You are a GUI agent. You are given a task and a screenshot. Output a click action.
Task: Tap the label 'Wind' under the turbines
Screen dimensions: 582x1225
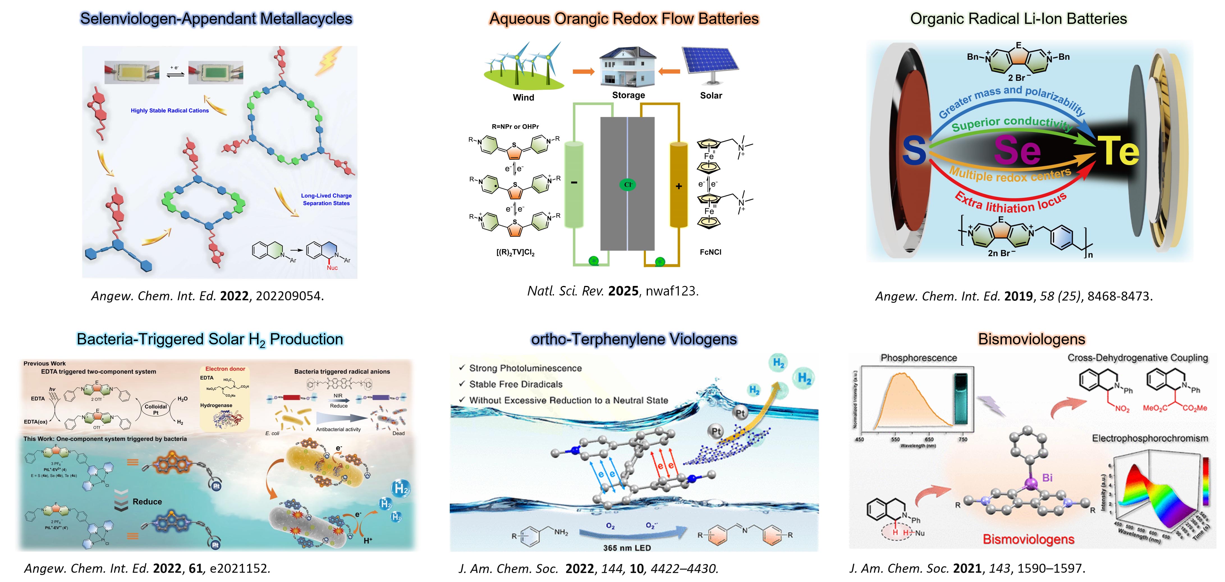coord(523,97)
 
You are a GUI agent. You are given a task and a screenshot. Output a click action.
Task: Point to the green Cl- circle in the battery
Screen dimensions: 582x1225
coord(628,185)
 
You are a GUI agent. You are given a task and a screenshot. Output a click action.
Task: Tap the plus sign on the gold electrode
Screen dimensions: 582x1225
coord(679,186)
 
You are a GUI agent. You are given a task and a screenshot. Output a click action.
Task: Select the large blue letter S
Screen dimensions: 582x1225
coord(914,150)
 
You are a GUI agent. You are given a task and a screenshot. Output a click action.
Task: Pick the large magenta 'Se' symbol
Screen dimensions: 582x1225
coord(1018,150)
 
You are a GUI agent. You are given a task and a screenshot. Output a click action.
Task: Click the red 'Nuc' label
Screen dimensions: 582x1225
coord(332,268)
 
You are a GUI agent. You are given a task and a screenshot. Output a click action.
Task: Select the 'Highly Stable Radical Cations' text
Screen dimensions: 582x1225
coord(170,110)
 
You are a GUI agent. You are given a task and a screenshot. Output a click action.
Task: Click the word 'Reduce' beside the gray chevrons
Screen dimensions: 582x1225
coord(147,502)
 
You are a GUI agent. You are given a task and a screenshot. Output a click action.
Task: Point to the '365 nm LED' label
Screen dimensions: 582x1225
coord(627,548)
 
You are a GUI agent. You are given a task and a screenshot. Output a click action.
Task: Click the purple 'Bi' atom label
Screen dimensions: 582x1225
coord(1047,477)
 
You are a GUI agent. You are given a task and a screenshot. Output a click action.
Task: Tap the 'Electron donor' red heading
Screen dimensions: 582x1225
coord(225,369)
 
